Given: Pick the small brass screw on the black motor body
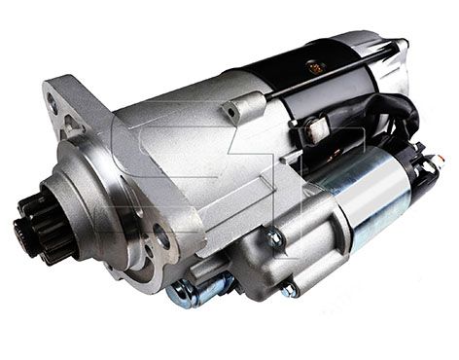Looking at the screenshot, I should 314,70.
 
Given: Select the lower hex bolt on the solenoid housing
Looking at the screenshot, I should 289,289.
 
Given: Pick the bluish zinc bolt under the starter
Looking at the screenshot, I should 194,290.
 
